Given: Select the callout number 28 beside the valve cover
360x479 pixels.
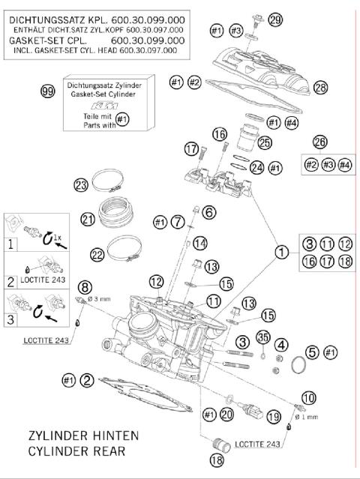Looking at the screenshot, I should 321,88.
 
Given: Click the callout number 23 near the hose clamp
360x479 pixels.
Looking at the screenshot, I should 81,184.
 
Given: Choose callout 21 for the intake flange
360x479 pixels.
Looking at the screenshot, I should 88,219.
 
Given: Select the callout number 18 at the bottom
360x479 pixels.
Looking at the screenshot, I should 217,461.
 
